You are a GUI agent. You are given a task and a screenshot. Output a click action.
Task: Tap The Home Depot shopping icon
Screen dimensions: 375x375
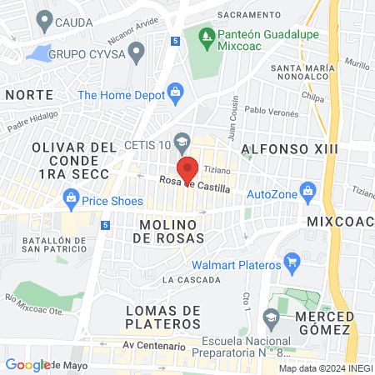pos(175,92)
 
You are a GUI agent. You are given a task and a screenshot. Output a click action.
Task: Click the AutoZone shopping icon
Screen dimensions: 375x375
pos(308,190)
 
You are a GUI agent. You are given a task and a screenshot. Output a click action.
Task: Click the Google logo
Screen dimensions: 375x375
pos(28,365)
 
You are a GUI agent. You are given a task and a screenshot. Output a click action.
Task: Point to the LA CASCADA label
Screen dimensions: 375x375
pos(186,280)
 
